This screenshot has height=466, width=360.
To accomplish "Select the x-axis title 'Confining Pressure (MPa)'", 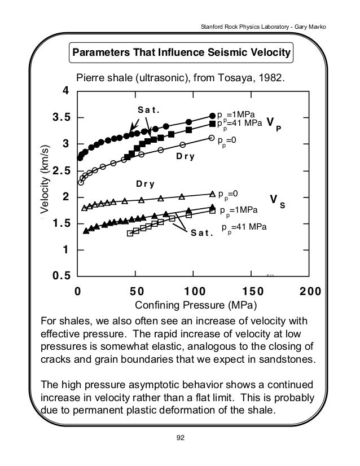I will [x=194, y=306].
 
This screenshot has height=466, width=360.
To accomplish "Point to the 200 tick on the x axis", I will [x=309, y=292].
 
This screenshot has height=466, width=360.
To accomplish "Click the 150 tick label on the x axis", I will [x=251, y=292].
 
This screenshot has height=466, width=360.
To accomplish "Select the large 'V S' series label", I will [x=277, y=201].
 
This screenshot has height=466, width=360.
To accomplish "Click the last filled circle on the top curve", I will [x=213, y=116].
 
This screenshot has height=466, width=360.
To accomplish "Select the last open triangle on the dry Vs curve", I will [x=212, y=194].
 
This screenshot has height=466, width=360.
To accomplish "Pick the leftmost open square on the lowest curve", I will [x=130, y=233].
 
